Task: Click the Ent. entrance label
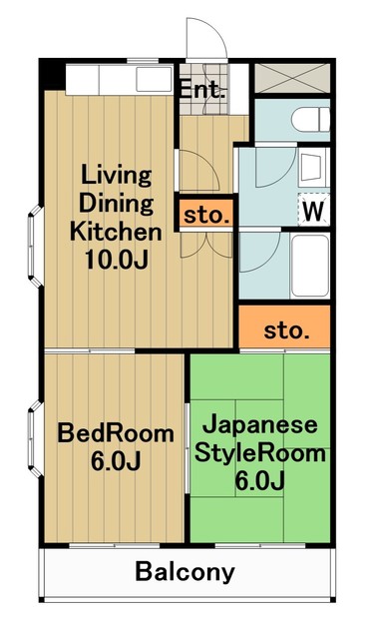[203, 89]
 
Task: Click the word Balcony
[187, 572]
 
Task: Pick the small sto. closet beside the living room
[207, 214]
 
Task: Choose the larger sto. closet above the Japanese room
[285, 329]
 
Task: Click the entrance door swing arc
[207, 40]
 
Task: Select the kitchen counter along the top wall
[120, 77]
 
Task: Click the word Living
[116, 176]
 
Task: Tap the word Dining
[116, 205]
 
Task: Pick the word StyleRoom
[261, 454]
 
